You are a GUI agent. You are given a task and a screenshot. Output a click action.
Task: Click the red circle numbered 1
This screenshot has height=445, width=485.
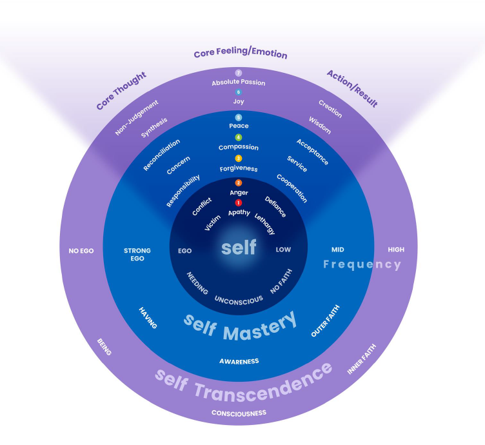pyautogui.click(x=238, y=203)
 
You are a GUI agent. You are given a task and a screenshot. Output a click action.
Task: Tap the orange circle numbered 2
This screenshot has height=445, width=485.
pyautogui.click(x=238, y=183)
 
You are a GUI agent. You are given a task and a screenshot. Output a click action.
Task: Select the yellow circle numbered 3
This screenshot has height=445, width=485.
pyautogui.click(x=238, y=159)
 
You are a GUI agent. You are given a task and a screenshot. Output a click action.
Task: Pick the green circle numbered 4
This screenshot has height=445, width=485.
pyautogui.click(x=238, y=137)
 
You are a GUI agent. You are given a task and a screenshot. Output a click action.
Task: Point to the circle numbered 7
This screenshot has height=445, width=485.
pyautogui.click(x=238, y=73)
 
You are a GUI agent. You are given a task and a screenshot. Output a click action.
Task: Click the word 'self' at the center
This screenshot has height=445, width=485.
pyautogui.click(x=239, y=247)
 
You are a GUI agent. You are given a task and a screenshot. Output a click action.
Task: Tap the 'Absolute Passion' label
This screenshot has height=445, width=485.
pyautogui.click(x=239, y=83)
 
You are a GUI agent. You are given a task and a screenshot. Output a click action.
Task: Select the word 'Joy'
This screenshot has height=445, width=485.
pyautogui.click(x=239, y=101)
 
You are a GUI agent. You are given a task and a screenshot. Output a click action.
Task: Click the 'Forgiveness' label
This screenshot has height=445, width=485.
pyautogui.click(x=239, y=168)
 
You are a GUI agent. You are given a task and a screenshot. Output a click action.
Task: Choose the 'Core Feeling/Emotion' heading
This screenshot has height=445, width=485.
pyautogui.click(x=241, y=53)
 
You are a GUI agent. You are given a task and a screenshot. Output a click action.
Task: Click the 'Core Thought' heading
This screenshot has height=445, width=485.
pyautogui.click(x=121, y=90)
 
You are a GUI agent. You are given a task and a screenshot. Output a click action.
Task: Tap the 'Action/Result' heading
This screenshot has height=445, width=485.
pyautogui.click(x=352, y=89)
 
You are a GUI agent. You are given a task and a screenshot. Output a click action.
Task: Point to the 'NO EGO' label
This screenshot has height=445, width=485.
pyautogui.click(x=81, y=251)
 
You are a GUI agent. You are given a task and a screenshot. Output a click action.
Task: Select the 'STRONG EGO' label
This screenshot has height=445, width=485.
pyautogui.click(x=137, y=255)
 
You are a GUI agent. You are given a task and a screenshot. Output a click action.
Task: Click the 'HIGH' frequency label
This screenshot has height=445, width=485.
pyautogui.click(x=396, y=250)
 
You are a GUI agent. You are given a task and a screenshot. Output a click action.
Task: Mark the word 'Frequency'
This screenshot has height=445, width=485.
pyautogui.click(x=362, y=264)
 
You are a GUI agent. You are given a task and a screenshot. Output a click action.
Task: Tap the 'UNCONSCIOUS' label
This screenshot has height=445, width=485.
pyautogui.click(x=239, y=301)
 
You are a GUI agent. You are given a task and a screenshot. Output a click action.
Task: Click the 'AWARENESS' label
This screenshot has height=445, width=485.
pyautogui.click(x=239, y=361)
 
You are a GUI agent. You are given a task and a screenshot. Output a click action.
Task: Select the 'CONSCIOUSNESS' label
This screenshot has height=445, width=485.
pyautogui.click(x=239, y=413)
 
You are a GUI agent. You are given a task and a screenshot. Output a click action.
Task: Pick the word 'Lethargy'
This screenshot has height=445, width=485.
pyautogui.click(x=265, y=224)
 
